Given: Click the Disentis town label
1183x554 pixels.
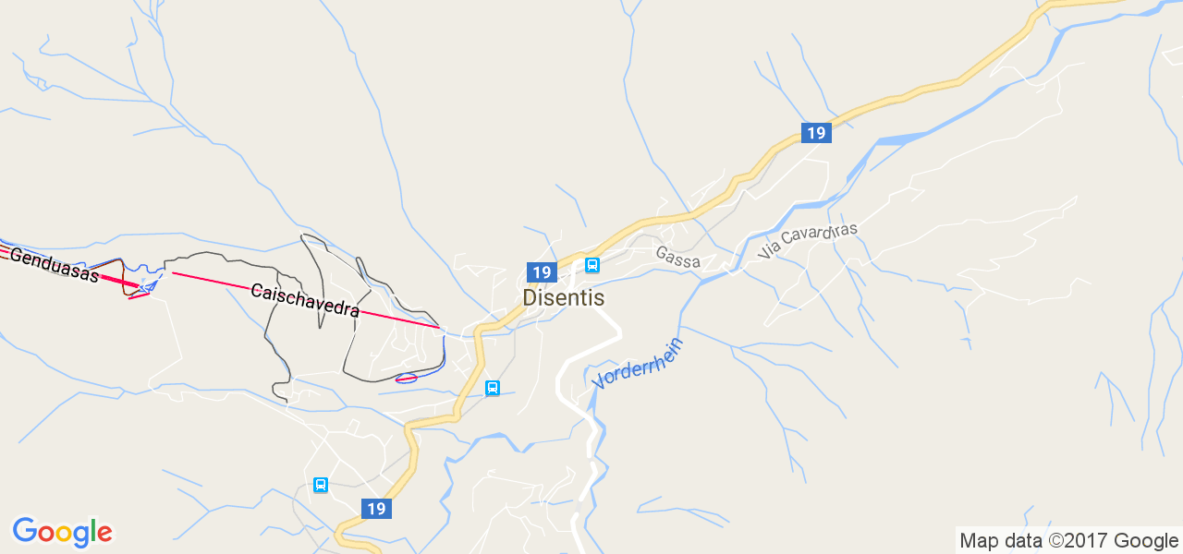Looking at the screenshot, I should [x=563, y=298].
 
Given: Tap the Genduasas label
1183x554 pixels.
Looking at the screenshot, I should [x=55, y=264].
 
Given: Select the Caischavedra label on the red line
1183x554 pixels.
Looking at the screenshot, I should [x=305, y=301].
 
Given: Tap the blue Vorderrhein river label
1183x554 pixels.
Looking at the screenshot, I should [x=639, y=363].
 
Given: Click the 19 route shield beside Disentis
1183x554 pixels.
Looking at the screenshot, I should [x=542, y=272].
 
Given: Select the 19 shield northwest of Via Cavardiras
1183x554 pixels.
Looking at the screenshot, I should [x=815, y=133].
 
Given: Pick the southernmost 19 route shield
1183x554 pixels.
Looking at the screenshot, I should [x=375, y=509].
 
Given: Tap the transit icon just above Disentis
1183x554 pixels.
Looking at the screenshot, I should [x=592, y=266].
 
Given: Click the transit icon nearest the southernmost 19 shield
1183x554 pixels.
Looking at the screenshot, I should [x=321, y=485].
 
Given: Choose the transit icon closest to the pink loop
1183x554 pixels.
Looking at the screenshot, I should [x=493, y=388].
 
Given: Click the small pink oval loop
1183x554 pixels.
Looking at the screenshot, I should [x=406, y=378].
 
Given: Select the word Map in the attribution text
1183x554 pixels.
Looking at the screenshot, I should [x=979, y=541].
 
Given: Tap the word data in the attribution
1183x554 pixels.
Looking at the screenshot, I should [x=1020, y=541].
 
